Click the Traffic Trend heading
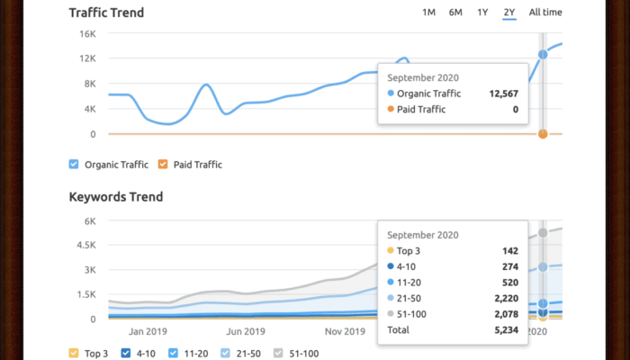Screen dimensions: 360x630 coord(106,13)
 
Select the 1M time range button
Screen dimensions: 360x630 coord(428,13)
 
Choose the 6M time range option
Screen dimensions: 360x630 coord(455,13)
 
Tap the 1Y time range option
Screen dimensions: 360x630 coord(482,13)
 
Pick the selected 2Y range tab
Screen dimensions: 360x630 coord(509,13)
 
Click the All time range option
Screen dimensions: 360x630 coord(545,13)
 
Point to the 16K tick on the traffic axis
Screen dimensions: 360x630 coord(87,33)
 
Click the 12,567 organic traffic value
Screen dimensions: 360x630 coord(503,93)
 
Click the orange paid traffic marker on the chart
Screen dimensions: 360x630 coord(543,134)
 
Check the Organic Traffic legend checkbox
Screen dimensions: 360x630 coord(74,165)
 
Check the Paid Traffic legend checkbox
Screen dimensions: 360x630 coord(163,165)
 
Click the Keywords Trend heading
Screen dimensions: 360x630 coord(115,197)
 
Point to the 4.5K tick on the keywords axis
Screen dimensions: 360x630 coord(85,245)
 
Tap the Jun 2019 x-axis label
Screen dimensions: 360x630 coord(245,331)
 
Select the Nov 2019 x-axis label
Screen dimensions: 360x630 coord(345,331)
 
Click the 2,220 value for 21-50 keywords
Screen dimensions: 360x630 coord(506,297)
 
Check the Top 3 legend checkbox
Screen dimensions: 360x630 coord(74,354)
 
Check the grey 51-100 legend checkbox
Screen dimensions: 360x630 coord(279,354)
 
